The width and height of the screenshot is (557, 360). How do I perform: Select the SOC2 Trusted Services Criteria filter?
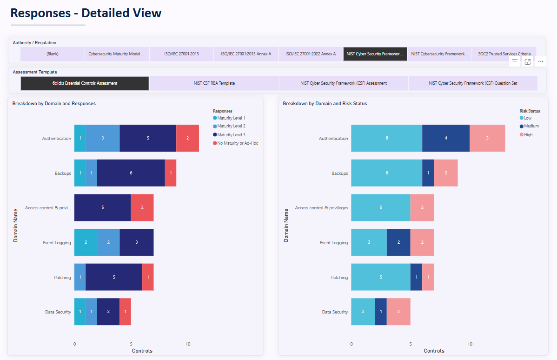[504, 54]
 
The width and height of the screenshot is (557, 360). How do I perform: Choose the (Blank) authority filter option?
[52, 54]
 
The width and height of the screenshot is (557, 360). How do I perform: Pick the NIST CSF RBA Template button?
[214, 83]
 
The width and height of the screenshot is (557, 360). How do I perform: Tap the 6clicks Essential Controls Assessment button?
[85, 83]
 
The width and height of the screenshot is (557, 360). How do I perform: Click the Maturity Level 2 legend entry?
[231, 126]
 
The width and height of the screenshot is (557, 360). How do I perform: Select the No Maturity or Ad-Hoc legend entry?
[237, 143]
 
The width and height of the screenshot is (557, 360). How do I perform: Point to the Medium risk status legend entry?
[531, 126]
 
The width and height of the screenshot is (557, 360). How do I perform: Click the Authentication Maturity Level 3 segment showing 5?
[148, 138]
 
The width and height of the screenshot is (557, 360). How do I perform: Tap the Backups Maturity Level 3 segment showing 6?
[131, 173]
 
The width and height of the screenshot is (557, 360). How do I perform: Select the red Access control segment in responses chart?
[142, 207]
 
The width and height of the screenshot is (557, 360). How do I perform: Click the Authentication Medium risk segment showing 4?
[446, 138]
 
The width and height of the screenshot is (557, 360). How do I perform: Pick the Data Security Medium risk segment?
[381, 312]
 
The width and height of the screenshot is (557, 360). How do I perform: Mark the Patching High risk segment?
[428, 277]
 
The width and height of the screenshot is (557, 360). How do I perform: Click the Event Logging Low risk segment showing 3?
[369, 242]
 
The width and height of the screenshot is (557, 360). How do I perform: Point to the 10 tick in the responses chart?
[188, 344]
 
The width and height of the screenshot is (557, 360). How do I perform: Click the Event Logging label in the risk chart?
[333, 243]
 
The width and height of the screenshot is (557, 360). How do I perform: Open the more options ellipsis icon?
[540, 61]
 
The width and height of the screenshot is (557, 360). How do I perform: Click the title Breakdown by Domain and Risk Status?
[325, 104]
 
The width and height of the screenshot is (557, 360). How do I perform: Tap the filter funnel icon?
[515, 61]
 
